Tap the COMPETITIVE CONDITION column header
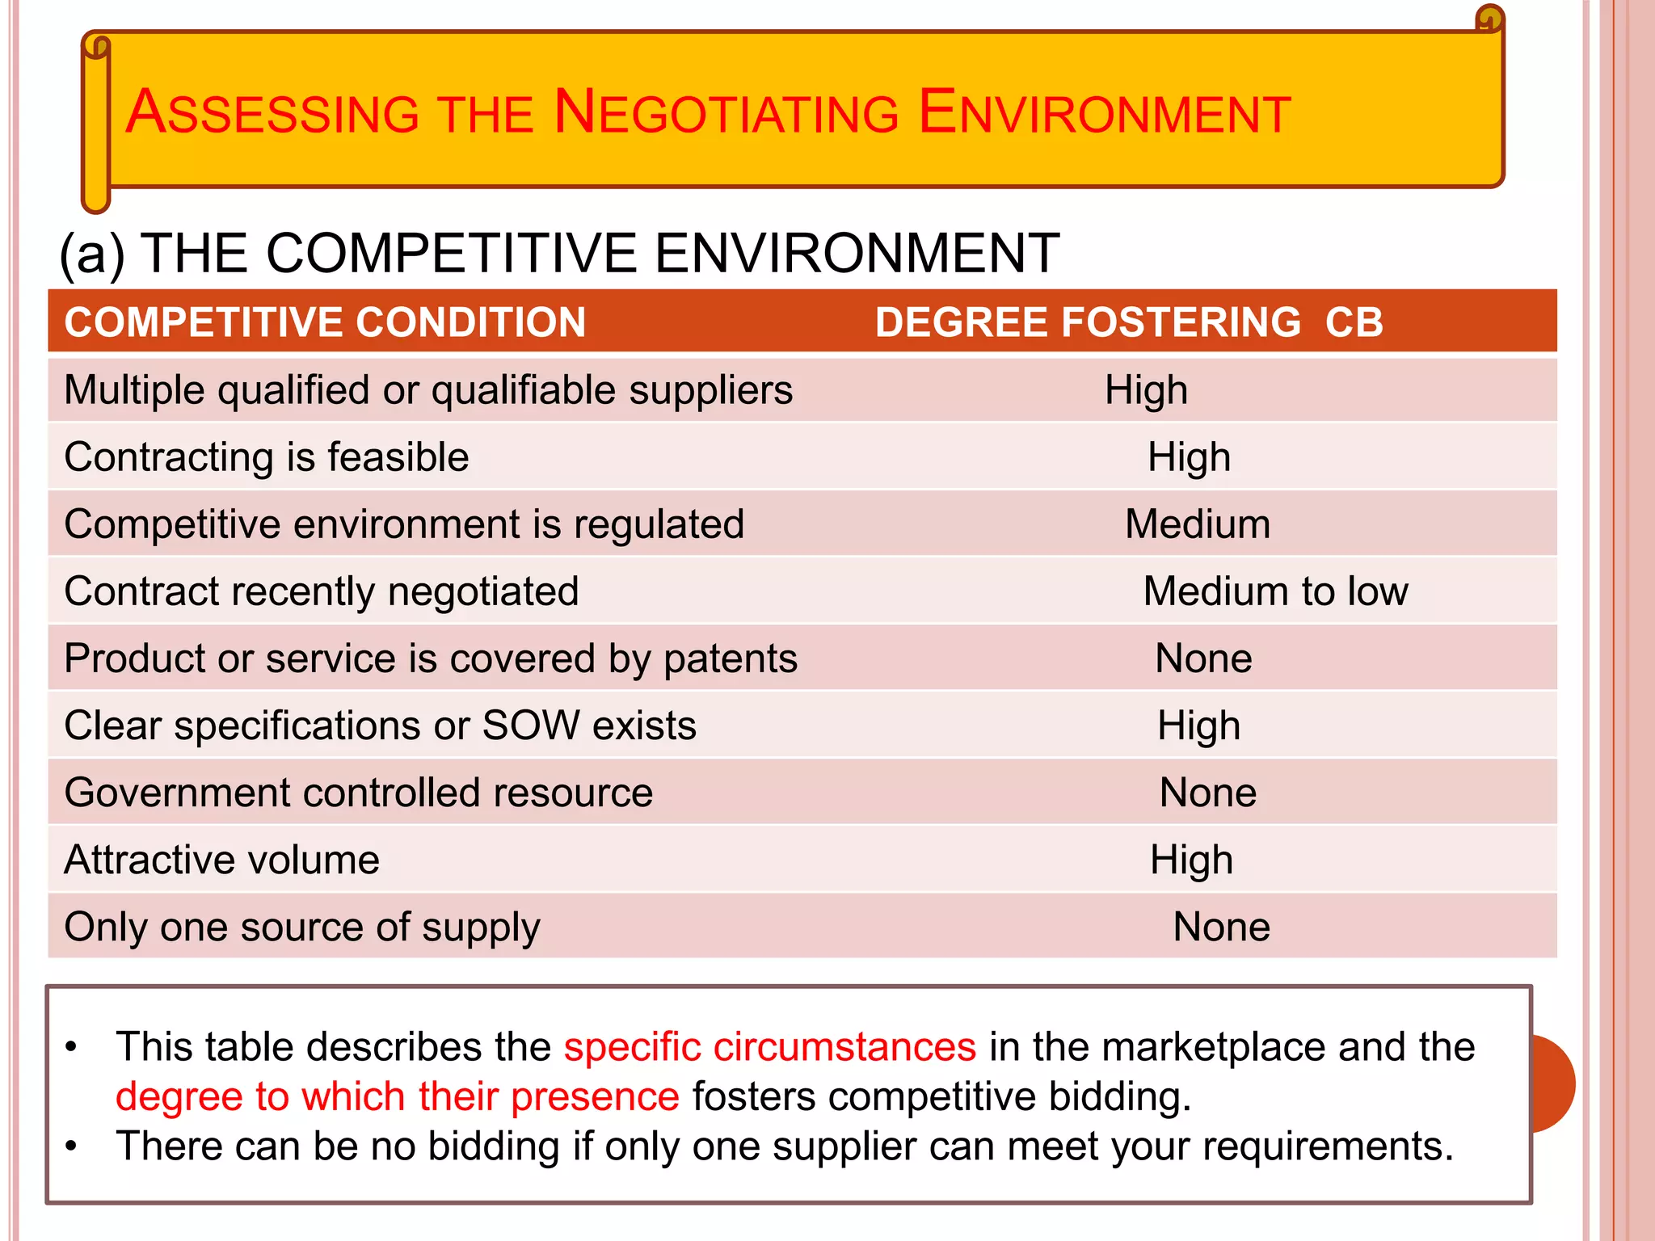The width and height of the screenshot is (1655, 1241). pyautogui.click(x=325, y=322)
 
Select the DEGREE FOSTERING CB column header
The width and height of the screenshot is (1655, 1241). pyautogui.click(x=1129, y=322)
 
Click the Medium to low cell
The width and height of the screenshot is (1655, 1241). pyautogui.click(x=1275, y=591)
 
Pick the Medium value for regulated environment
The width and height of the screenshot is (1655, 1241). pyautogui.click(x=1198, y=524)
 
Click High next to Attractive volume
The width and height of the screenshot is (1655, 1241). pyautogui.click(x=1191, y=860)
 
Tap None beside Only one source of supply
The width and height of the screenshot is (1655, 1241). pyautogui.click(x=1221, y=927)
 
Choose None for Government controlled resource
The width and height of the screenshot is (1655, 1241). pyautogui.click(x=1207, y=793)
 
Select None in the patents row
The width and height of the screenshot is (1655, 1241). pyautogui.click(x=1203, y=658)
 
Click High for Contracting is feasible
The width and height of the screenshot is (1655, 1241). pyautogui.click(x=1189, y=457)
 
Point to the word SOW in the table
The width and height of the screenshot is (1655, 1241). pyautogui.click(x=530, y=726)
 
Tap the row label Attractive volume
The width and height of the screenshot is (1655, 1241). pyautogui.click(x=222, y=860)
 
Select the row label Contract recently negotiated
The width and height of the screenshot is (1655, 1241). pyautogui.click(x=322, y=591)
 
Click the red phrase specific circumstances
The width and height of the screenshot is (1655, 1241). pyautogui.click(x=769, y=1047)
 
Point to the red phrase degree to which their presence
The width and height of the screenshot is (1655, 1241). pyautogui.click(x=397, y=1097)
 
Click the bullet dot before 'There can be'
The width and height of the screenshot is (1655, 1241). pyautogui.click(x=72, y=1146)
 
